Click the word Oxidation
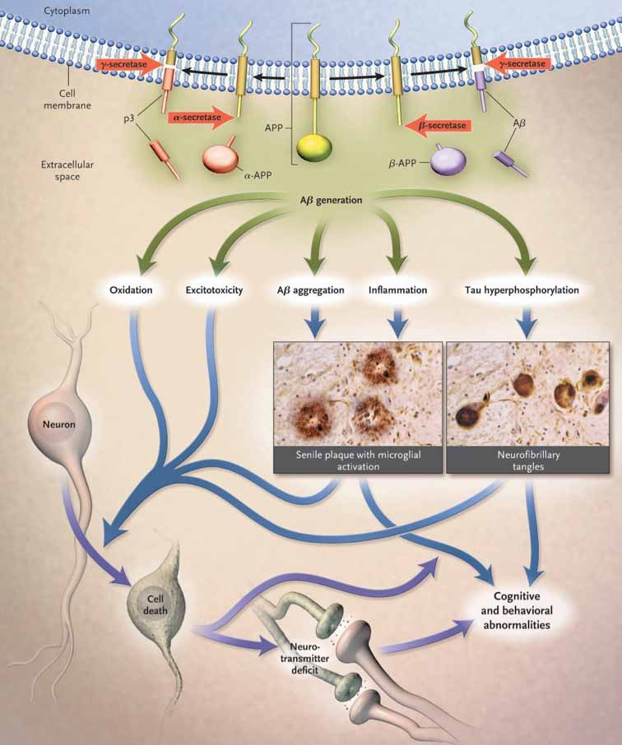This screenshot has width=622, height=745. coord(133,289)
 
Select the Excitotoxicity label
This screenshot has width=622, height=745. coord(215,289)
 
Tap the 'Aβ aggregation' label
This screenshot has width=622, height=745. coord(310,289)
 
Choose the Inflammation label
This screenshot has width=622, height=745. coord(397,289)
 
